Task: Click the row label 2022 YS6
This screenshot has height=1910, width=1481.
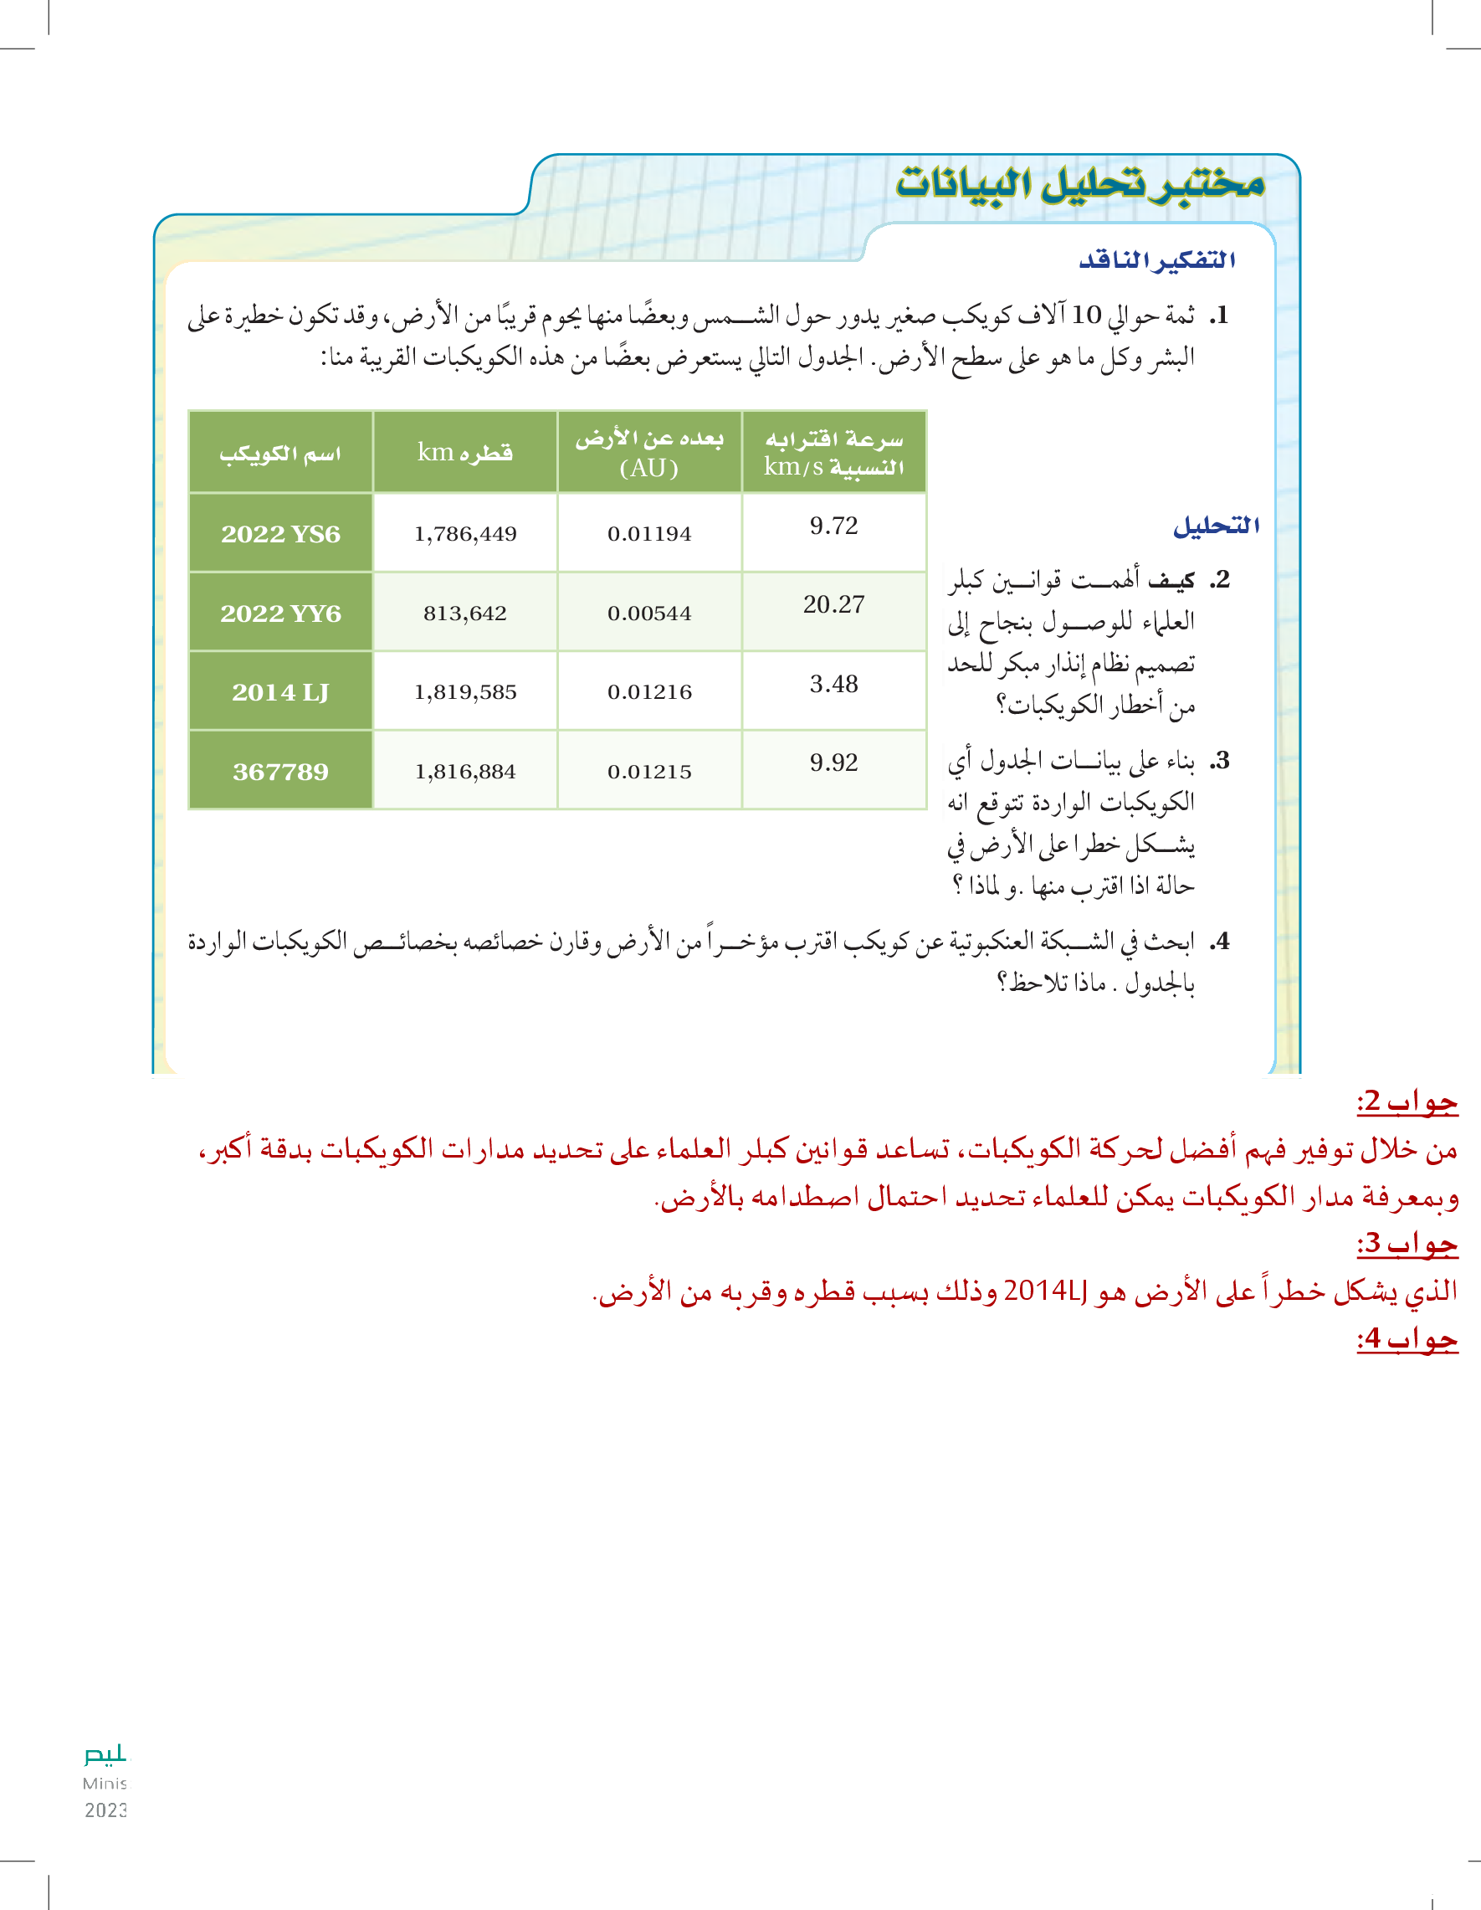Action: click(x=280, y=533)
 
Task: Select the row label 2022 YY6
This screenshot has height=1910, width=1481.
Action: click(x=280, y=613)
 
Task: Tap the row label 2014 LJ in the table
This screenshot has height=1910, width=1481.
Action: click(x=280, y=691)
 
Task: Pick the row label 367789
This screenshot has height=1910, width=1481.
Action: click(x=280, y=772)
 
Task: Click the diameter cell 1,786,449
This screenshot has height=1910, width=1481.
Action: click(x=465, y=533)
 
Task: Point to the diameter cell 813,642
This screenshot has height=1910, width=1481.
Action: click(x=465, y=613)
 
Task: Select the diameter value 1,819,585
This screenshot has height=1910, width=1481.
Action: click(x=465, y=691)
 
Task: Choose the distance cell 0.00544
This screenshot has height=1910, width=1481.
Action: click(x=649, y=613)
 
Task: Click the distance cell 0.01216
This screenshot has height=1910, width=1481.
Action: click(x=649, y=691)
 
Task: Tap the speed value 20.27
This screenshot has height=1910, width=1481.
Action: click(x=834, y=604)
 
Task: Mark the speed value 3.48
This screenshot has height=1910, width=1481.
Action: click(x=834, y=684)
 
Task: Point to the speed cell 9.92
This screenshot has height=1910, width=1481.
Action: click(x=834, y=762)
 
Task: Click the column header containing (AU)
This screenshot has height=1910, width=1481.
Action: click(x=649, y=452)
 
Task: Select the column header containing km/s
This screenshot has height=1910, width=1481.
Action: click(x=834, y=452)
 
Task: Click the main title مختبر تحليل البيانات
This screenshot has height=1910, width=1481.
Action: click(x=1080, y=183)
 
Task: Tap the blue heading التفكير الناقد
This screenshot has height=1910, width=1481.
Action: click(x=1156, y=259)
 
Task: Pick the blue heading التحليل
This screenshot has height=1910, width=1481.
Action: click(x=1216, y=526)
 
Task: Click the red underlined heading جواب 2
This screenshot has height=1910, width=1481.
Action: click(x=1407, y=1102)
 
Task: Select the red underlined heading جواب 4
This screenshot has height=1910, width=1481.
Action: click(x=1407, y=1339)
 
